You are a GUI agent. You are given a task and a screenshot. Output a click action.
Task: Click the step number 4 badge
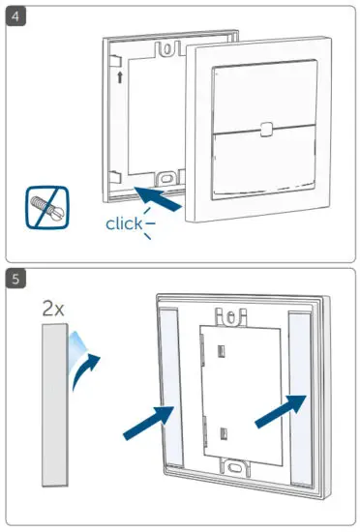pyautogui.click(x=15, y=17)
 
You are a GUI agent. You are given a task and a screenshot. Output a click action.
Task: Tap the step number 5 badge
pyautogui.click(x=15, y=280)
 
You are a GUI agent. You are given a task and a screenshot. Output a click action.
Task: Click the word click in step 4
pyautogui.click(x=125, y=224)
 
